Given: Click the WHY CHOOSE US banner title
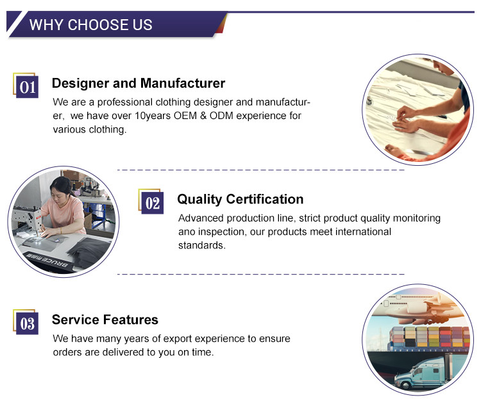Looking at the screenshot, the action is point(91,25).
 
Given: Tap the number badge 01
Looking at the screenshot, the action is point(27,87).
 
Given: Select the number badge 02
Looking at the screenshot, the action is point(153,203).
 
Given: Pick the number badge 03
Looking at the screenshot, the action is point(27,323).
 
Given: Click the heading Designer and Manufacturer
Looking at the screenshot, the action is point(139,83).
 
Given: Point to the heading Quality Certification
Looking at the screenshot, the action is point(240,199).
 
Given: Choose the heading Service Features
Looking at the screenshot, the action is point(105,319).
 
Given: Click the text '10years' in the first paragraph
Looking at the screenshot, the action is point(153,116).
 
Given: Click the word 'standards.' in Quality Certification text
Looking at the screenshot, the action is point(202,245).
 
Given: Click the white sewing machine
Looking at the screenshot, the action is point(28,220).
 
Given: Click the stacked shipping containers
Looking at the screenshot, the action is point(429,337).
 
